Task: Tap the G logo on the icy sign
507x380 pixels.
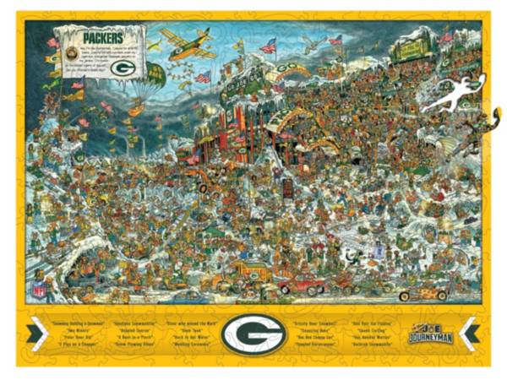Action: point(123,67)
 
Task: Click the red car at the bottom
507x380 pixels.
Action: point(302,285)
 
